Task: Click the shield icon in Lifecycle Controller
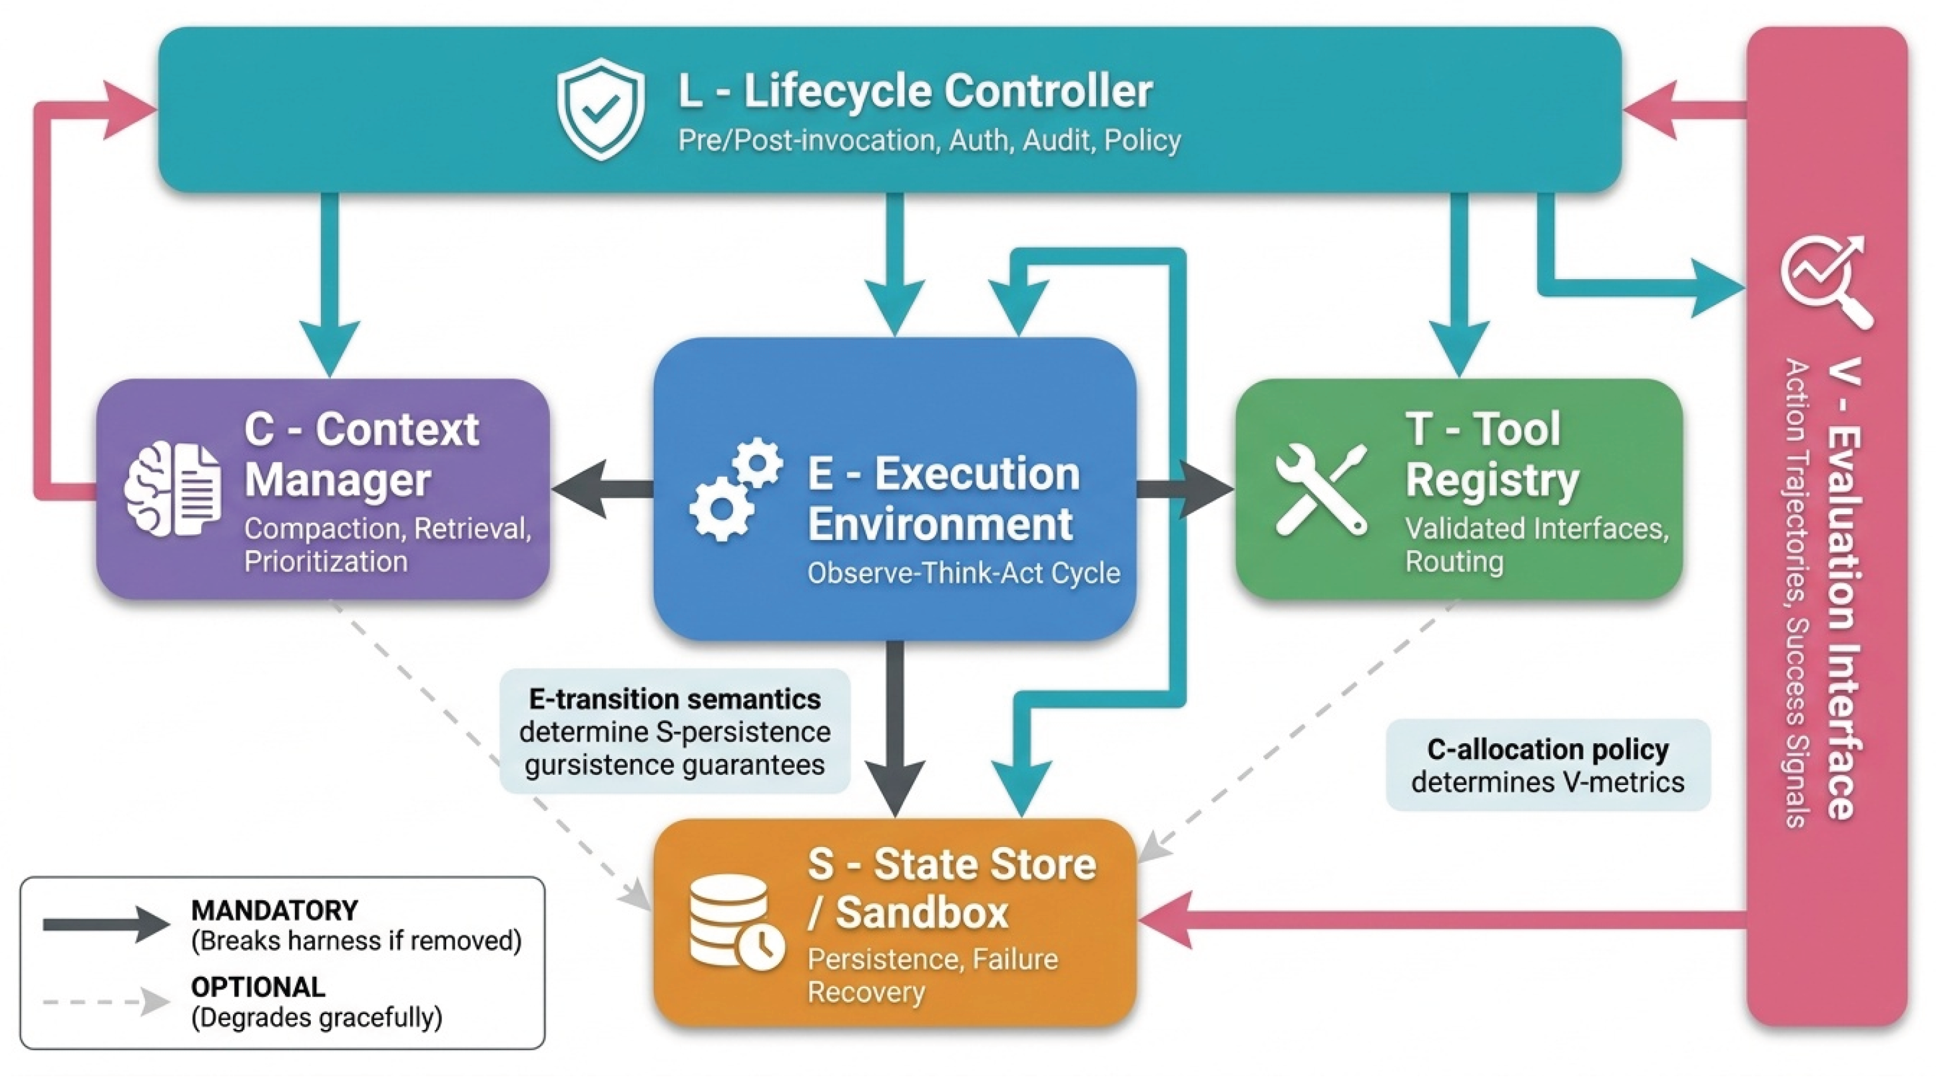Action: coord(601,110)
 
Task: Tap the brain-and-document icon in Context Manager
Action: coord(173,489)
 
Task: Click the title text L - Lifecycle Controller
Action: coord(915,91)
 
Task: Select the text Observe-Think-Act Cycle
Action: coord(963,574)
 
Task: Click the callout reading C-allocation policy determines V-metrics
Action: coord(1548,765)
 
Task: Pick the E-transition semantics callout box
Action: coord(675,731)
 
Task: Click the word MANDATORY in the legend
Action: coord(274,910)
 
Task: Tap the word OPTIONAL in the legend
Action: coord(258,987)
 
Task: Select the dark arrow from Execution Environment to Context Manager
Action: coord(602,489)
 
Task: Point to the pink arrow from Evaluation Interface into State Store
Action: coord(1442,920)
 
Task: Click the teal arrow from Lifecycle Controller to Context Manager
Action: coord(330,284)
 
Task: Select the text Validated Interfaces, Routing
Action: coord(1537,545)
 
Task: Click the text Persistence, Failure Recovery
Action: coord(933,976)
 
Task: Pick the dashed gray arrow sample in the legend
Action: coord(106,1002)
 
